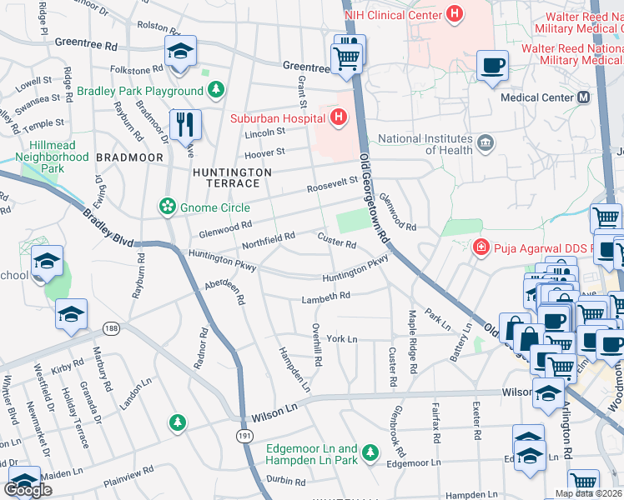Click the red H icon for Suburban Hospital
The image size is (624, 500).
tap(338, 117)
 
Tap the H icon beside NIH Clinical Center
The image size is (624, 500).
tap(454, 14)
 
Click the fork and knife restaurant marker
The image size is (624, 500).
tap(184, 124)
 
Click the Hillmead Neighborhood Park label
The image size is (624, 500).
tap(53, 157)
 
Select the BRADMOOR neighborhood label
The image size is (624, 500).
tap(124, 157)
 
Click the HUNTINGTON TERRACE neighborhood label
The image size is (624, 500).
tap(232, 177)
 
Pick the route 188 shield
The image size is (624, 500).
tap(111, 327)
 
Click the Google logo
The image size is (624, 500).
tap(28, 490)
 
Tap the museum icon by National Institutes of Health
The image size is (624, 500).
tap(485, 144)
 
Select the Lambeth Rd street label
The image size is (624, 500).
tap(326, 296)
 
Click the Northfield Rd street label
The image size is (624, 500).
tap(268, 240)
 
